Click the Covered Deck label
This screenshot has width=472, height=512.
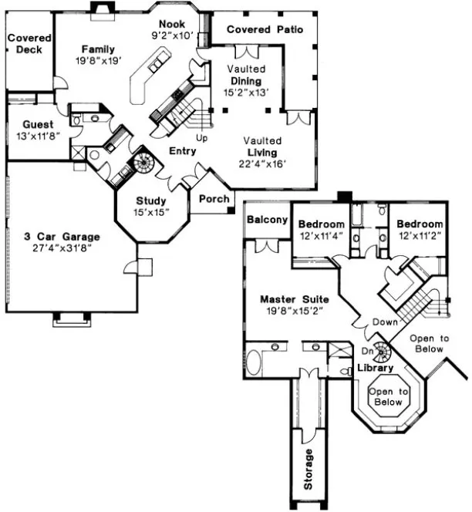pyautogui.click(x=29, y=44)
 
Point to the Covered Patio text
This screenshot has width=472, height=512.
pyautogui.click(x=265, y=29)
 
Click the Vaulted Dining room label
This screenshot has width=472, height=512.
pyautogui.click(x=246, y=81)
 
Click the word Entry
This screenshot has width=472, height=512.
pyautogui.click(x=178, y=151)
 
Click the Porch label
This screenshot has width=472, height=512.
pyautogui.click(x=213, y=199)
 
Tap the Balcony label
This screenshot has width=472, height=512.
pyautogui.click(x=267, y=220)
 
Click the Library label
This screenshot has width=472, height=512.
pyautogui.click(x=376, y=368)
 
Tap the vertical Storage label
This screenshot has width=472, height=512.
pyautogui.click(x=308, y=470)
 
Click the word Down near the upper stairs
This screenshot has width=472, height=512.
pyautogui.click(x=385, y=322)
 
